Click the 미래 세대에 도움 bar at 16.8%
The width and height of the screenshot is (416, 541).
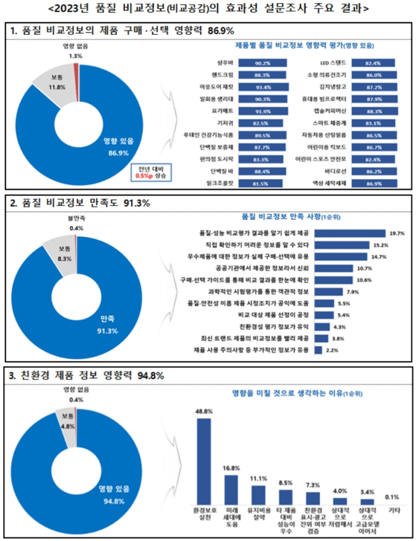[231, 486]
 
